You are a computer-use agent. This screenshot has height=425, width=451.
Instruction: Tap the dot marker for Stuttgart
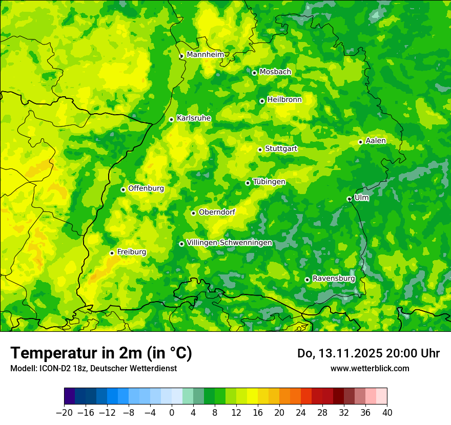click(x=260, y=150)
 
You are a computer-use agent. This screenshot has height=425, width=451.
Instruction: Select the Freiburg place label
click(x=131, y=252)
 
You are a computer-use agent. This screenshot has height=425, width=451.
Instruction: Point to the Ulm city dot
click(x=349, y=199)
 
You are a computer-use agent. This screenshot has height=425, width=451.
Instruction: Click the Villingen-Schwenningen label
click(x=229, y=243)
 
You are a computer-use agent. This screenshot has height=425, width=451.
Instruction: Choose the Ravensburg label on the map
click(x=333, y=278)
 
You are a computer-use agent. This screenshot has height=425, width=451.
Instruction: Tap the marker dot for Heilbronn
click(x=262, y=101)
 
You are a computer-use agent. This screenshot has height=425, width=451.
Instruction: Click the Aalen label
click(x=376, y=141)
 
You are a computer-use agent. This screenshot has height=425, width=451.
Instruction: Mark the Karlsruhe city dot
click(x=171, y=119)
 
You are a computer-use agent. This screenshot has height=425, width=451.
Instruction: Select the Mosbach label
click(x=275, y=72)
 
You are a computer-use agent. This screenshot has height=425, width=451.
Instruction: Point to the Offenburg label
click(x=146, y=188)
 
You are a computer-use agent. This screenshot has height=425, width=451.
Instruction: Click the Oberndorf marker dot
click(x=193, y=213)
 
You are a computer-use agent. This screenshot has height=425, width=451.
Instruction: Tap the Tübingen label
click(x=269, y=182)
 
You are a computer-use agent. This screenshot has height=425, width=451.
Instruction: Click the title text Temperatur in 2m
click(x=101, y=353)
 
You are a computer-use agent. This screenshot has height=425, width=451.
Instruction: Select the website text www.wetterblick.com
click(x=370, y=368)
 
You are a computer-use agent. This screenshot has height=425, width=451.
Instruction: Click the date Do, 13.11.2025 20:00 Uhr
click(x=368, y=353)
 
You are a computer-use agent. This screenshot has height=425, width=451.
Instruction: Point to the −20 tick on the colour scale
click(x=64, y=413)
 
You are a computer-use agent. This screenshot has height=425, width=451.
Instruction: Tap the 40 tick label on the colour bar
click(x=387, y=413)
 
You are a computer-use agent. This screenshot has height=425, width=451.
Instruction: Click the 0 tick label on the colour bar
click(x=172, y=413)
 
